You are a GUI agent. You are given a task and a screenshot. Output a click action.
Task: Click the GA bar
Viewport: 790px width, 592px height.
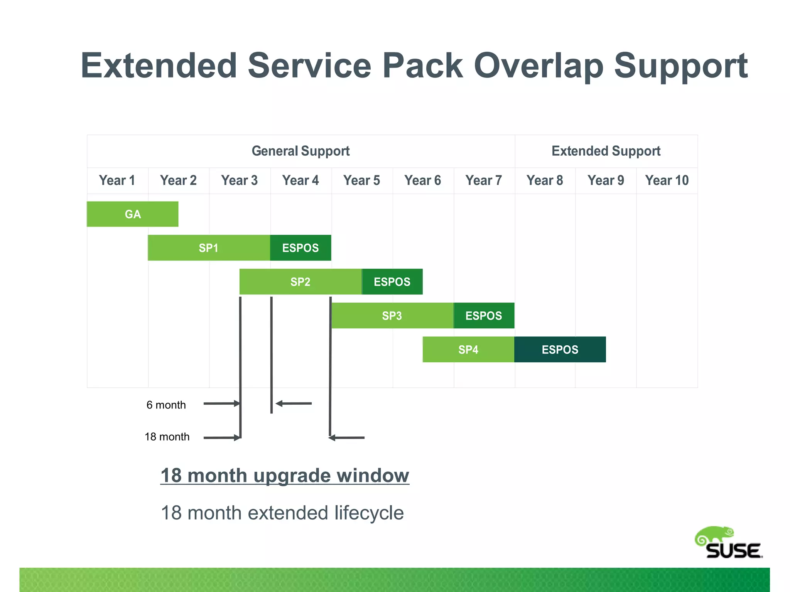coord(132,214)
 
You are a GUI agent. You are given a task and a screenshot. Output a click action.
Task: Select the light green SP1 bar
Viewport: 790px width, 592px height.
coord(209,248)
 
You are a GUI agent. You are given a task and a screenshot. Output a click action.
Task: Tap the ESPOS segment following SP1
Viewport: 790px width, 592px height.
coord(300,248)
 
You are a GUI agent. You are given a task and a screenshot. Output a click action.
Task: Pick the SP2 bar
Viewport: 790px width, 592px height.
coord(300,282)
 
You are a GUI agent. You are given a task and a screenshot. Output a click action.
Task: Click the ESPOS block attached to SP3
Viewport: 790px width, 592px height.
coord(484,316)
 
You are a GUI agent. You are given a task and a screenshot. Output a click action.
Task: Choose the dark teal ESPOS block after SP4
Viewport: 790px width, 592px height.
coord(560,350)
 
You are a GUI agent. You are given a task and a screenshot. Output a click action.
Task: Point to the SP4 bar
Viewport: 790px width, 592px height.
coord(468,350)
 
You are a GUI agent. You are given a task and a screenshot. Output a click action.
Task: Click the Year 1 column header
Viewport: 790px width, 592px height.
coord(117,180)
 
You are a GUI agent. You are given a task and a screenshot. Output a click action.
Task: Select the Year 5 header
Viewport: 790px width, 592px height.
coord(362,180)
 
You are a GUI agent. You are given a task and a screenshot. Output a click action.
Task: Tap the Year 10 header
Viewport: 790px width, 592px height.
coord(667,180)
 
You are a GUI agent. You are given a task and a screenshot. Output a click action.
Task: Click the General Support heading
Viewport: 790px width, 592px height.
coord(300,151)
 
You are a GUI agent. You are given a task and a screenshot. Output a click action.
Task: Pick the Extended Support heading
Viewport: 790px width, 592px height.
coord(606,151)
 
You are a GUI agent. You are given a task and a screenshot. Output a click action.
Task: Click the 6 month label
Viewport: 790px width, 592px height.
coord(166,405)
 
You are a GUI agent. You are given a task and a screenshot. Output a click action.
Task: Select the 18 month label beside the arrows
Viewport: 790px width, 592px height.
coord(167,437)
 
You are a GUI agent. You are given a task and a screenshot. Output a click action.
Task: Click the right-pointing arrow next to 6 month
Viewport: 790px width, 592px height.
coord(221,404)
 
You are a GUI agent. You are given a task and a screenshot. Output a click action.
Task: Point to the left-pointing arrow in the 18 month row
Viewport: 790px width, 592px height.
coord(346,437)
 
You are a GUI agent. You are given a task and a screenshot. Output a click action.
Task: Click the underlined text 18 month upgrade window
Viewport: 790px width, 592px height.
coord(285,476)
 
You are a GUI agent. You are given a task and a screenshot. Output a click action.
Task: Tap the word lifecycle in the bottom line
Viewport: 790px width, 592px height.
coord(369,513)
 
